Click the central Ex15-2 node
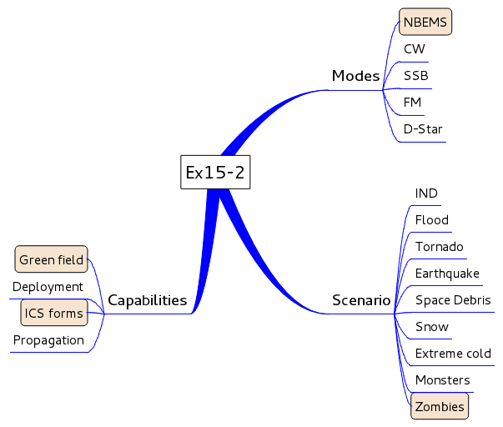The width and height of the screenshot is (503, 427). click(215, 173)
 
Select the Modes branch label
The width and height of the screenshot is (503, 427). click(355, 76)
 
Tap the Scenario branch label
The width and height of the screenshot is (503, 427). click(361, 300)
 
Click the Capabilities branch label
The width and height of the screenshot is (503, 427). click(147, 300)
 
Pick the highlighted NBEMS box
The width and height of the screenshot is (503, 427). click(425, 22)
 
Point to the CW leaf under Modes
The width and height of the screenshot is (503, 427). click(414, 49)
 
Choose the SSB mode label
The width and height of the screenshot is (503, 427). click(415, 76)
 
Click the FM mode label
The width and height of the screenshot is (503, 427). click(412, 103)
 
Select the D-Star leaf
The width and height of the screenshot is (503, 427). click(423, 129)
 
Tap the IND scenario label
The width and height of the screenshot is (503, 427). click(426, 193)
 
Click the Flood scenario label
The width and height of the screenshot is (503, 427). click(431, 220)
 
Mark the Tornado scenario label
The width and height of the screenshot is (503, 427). click(439, 247)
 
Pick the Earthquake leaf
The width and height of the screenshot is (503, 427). click(447, 274)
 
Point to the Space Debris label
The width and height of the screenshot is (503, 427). click(453, 300)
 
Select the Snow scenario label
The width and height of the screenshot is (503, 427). click(431, 327)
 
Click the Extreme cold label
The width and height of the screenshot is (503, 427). click(453, 354)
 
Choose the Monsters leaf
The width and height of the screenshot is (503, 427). click(442, 380)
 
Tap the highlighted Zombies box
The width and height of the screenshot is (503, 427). click(440, 406)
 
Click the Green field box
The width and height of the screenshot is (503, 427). click(52, 260)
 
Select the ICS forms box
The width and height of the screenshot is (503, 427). click(53, 314)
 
